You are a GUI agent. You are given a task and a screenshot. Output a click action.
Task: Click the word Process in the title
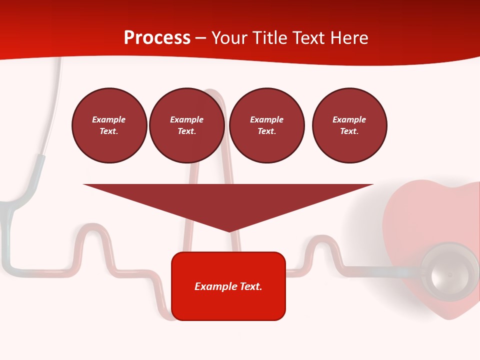[x=157, y=38]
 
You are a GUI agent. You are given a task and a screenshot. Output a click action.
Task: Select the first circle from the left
[x=109, y=125]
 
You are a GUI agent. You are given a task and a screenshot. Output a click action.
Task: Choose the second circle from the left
[x=187, y=125]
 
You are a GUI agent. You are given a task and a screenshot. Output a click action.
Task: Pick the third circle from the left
[x=266, y=125]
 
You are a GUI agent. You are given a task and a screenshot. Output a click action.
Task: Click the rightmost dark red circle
[x=349, y=125]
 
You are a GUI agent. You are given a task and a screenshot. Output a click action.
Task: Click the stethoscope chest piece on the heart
[x=449, y=272]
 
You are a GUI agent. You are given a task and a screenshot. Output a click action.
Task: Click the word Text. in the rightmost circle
[x=349, y=131]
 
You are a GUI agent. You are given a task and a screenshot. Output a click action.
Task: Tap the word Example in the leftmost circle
[x=109, y=119]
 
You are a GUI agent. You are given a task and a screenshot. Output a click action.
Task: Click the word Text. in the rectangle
[x=250, y=286]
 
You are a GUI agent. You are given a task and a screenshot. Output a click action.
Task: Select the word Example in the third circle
[x=266, y=119]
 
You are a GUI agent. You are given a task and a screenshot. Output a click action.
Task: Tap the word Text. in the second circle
[x=187, y=131]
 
